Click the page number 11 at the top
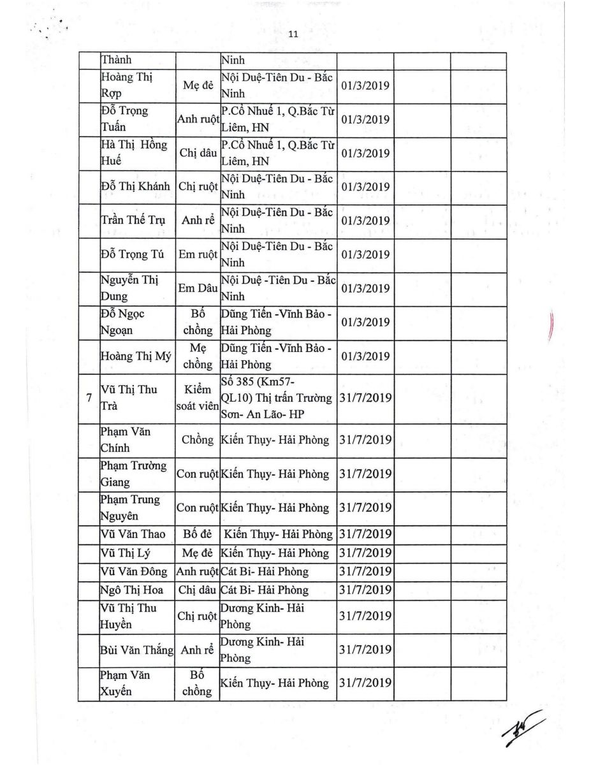293,35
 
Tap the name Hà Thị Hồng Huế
133,153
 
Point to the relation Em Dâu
198,288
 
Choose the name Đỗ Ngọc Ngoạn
124,323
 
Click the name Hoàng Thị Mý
136,356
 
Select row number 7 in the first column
88,398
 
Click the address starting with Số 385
277,398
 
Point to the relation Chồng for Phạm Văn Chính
198,440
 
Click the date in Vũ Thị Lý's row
365,553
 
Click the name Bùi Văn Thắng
137,650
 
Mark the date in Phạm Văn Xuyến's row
365,683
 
